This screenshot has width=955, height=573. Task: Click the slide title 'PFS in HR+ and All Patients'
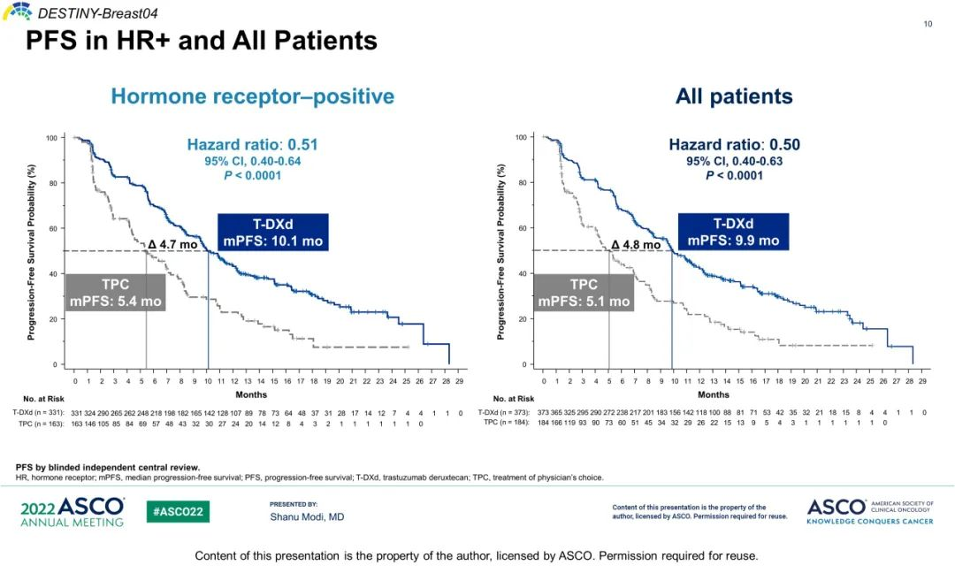click(x=201, y=41)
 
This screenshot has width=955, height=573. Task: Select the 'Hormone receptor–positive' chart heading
click(x=253, y=96)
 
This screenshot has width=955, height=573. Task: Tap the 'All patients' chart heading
click(x=734, y=96)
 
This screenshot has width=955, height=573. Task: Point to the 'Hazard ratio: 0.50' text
click(x=734, y=145)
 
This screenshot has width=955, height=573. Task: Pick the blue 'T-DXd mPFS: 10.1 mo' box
click(x=272, y=232)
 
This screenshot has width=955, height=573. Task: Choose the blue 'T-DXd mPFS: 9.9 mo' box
click(x=733, y=232)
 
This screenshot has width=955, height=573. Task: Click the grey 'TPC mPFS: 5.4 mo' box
click(x=116, y=293)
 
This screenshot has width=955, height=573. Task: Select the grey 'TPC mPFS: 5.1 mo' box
click(x=584, y=293)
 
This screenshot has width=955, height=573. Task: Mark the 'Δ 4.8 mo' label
click(x=636, y=244)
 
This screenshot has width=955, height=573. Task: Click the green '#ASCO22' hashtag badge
click(x=178, y=512)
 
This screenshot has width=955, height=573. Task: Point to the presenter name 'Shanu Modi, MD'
click(x=307, y=516)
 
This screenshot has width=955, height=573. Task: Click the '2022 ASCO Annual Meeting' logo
click(x=73, y=512)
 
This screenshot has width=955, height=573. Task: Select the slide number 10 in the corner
click(x=928, y=24)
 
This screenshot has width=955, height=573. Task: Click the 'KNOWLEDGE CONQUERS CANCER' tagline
click(x=869, y=522)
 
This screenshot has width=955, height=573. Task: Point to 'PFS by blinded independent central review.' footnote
click(x=108, y=467)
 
